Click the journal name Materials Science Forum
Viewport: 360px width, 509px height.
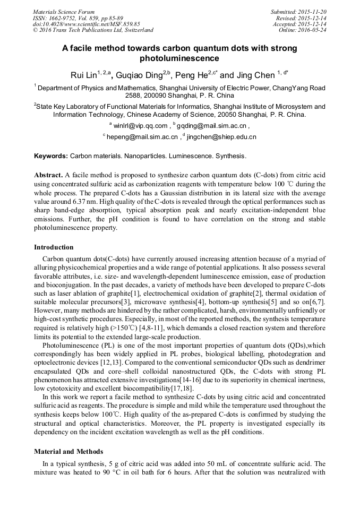coord(64,12)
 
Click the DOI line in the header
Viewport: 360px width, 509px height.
coord(87,24)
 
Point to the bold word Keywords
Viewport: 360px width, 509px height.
coord(51,157)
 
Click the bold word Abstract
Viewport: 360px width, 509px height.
coord(48,175)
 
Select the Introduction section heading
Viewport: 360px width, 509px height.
coord(54,247)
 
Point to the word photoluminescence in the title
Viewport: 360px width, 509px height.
coord(179,58)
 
